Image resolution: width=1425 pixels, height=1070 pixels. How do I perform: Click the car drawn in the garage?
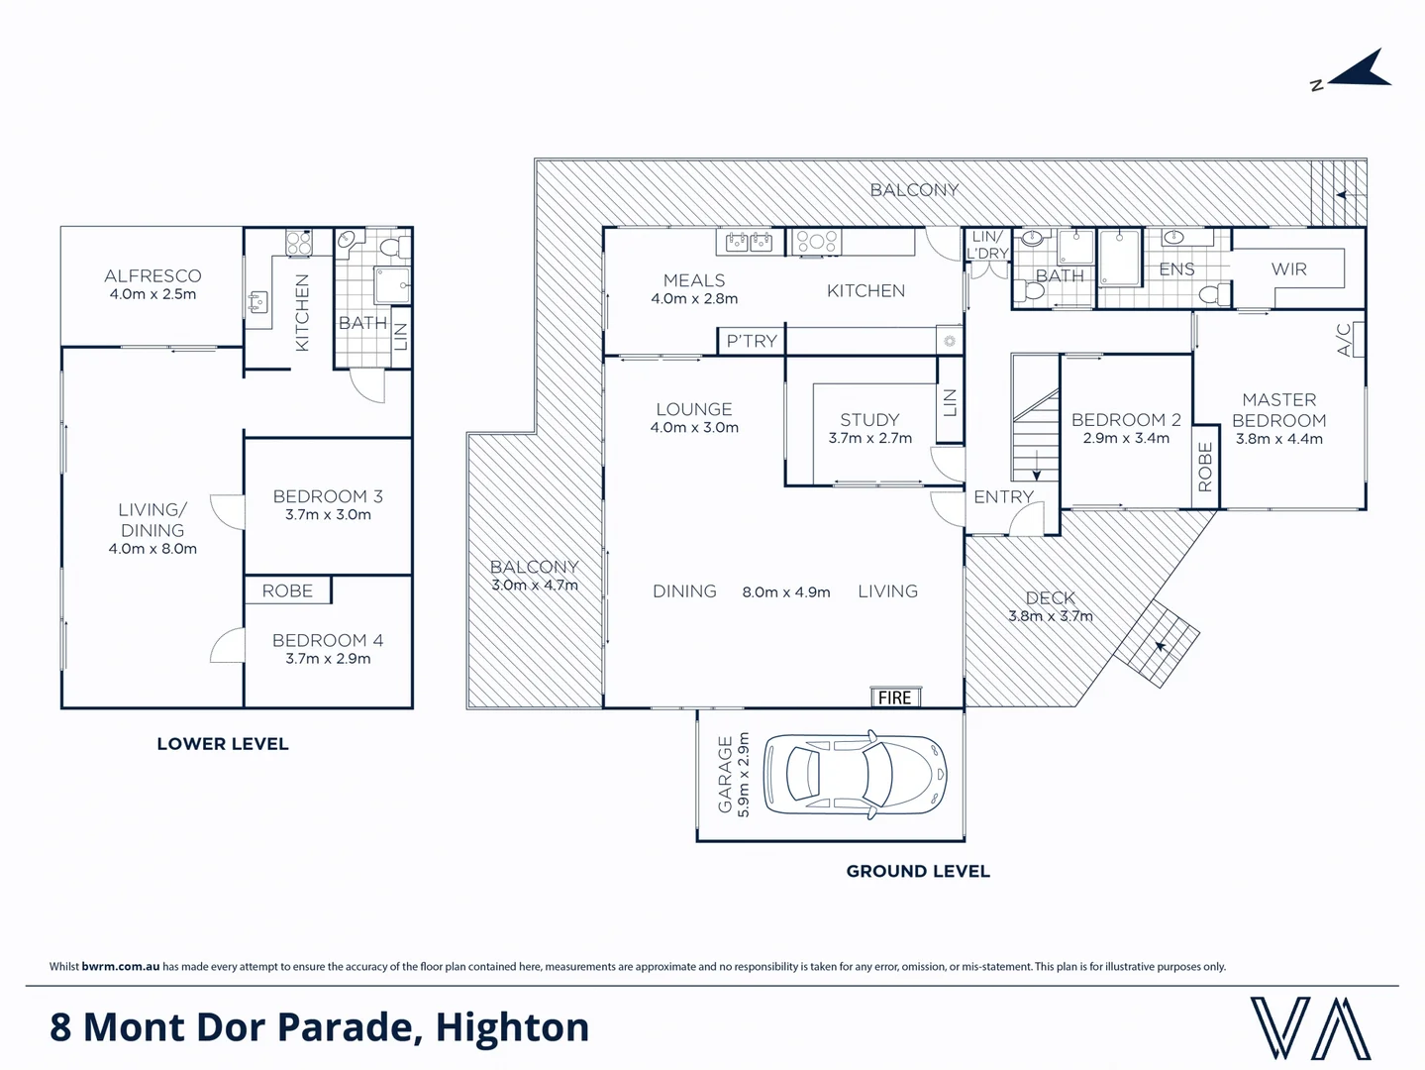(856, 775)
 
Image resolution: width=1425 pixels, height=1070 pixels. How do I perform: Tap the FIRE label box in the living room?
(894, 697)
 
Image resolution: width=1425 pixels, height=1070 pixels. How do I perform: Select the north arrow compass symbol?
(1355, 71)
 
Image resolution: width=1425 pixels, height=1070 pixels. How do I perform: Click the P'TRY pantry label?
(752, 341)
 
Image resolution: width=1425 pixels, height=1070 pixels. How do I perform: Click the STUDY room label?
(869, 419)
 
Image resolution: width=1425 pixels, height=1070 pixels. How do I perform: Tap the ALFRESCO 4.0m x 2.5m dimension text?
(153, 294)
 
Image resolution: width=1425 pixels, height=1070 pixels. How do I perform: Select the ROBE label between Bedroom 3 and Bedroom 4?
(287, 590)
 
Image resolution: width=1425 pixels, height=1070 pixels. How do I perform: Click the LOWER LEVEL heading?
(223, 744)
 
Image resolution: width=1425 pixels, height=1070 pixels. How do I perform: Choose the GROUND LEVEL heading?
(918, 872)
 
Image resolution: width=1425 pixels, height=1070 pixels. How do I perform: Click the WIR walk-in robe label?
(1288, 269)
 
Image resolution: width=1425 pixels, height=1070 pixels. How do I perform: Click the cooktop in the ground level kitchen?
(817, 241)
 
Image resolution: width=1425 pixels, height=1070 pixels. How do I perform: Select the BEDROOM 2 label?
(1126, 419)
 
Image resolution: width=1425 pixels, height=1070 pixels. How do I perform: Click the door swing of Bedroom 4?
(229, 647)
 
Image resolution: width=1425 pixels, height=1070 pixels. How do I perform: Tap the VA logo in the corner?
(1309, 1028)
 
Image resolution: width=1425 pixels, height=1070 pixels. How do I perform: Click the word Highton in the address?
(512, 1027)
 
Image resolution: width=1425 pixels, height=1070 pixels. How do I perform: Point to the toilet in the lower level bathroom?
(390, 245)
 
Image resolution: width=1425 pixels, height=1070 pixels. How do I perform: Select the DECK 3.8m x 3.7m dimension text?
(1050, 616)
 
